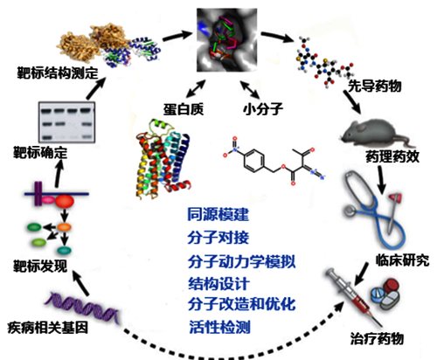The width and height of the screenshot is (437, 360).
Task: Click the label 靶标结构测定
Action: [58, 73]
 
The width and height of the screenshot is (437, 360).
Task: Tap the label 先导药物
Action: [375, 86]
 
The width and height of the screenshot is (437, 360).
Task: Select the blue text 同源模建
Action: [218, 214]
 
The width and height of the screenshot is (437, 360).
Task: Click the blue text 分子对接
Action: [218, 238]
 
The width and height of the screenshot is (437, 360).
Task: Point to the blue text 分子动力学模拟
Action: [241, 261]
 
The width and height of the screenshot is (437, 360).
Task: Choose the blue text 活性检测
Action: [219, 327]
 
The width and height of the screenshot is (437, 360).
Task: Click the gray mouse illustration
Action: [376, 133]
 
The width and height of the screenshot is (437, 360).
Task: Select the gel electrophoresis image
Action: [67, 122]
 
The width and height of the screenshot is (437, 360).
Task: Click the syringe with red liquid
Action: [354, 297]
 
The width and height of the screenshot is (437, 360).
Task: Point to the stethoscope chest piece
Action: [350, 211]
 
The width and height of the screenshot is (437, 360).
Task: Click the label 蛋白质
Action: [184, 109]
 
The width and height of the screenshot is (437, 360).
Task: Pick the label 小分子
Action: [263, 109]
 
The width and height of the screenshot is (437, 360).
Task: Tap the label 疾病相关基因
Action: [48, 328]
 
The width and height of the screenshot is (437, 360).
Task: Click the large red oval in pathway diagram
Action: [65, 201]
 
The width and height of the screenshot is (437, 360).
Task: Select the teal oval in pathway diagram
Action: [64, 250]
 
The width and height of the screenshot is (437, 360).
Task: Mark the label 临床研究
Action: [402, 260]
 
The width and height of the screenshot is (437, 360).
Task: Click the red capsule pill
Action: [392, 287]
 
